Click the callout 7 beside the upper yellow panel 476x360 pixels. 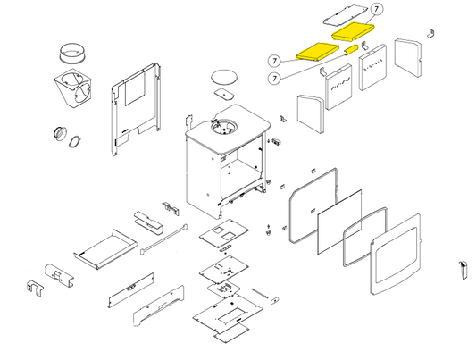pyautogui.click(x=377, y=9)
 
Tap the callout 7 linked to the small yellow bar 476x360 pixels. pyautogui.click(x=274, y=79)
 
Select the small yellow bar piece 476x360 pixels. pyautogui.click(x=350, y=50)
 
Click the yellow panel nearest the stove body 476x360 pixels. pyautogui.click(x=318, y=52)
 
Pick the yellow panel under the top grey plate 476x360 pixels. pyautogui.click(x=354, y=31)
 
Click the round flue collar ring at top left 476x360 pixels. pyautogui.click(x=71, y=54)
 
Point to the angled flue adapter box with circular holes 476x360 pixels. pyautogui.click(x=73, y=88)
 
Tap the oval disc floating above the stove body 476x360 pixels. pyautogui.click(x=224, y=77)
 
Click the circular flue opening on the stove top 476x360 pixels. pyautogui.click(x=224, y=127)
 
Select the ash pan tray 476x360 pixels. pyautogui.click(x=105, y=249)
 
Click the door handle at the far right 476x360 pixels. pyautogui.click(x=463, y=270)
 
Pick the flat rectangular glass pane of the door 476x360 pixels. pyautogui.click(x=339, y=222)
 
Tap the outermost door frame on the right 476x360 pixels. pyautogui.click(x=396, y=254)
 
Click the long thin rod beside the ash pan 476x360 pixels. pyautogui.click(x=164, y=239)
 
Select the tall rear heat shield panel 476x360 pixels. pyautogui.click(x=136, y=109)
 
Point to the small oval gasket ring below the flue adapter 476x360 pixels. pyautogui.click(x=74, y=142)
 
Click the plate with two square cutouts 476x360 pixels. pyautogui.click(x=224, y=233)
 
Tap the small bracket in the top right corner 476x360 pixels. pyautogui.click(x=430, y=33)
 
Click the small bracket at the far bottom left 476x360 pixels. pyautogui.click(x=35, y=288)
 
